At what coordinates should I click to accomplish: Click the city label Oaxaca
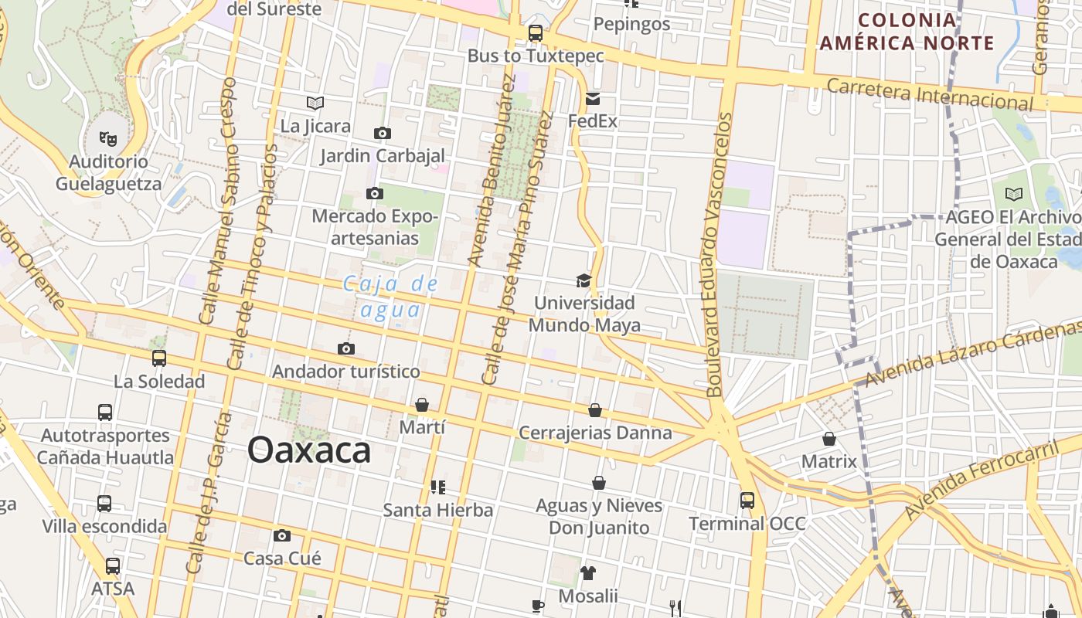pyautogui.click(x=309, y=450)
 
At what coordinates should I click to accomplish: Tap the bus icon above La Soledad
pyautogui.click(x=159, y=358)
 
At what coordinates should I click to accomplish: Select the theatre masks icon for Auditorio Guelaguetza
pyautogui.click(x=108, y=139)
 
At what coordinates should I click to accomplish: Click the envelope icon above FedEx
pyautogui.click(x=593, y=99)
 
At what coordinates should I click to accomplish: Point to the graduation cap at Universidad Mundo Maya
pyautogui.click(x=584, y=280)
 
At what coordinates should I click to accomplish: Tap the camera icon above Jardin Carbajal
pyautogui.click(x=382, y=133)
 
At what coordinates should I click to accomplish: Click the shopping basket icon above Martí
pyautogui.click(x=422, y=405)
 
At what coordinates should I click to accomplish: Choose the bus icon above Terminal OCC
pyautogui.click(x=747, y=501)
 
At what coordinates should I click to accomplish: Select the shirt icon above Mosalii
pyautogui.click(x=588, y=573)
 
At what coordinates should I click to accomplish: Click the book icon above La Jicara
pyautogui.click(x=315, y=103)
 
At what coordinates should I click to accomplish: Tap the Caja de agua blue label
pyautogui.click(x=391, y=297)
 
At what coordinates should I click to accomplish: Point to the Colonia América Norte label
pyautogui.click(x=907, y=32)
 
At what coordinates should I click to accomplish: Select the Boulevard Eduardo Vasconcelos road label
pyautogui.click(x=717, y=255)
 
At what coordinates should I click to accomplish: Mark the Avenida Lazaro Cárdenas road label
pyautogui.click(x=973, y=355)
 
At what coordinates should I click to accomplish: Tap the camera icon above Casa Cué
pyautogui.click(x=282, y=535)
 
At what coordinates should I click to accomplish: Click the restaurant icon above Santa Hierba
pyautogui.click(x=438, y=487)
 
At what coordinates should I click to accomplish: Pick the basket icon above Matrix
pyautogui.click(x=829, y=439)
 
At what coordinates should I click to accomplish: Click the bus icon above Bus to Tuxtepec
pyautogui.click(x=535, y=33)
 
